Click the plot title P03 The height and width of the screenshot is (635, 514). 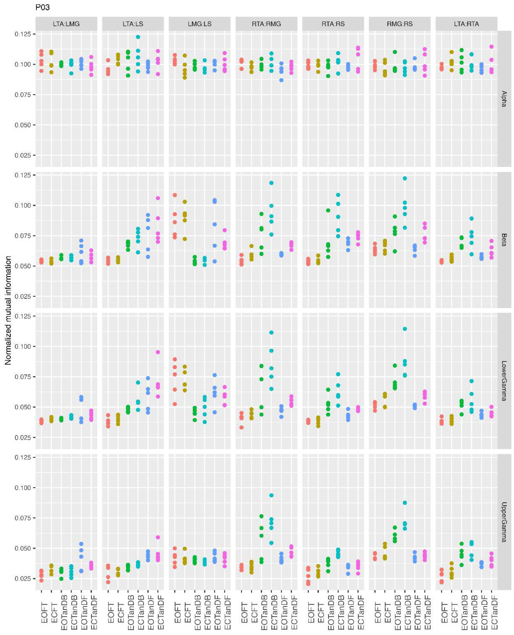42,7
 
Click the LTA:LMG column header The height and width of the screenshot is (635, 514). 66,24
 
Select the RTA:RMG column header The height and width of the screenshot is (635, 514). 266,24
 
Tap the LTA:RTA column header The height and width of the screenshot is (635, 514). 466,24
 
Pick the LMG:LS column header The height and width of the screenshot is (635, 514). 200,24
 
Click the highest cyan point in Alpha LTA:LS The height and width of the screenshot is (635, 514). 138,37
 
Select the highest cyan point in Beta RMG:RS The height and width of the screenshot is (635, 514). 405,178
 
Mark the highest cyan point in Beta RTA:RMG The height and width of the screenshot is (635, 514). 271,183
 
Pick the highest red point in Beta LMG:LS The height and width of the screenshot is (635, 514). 175,195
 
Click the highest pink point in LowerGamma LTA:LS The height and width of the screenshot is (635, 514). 158,352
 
